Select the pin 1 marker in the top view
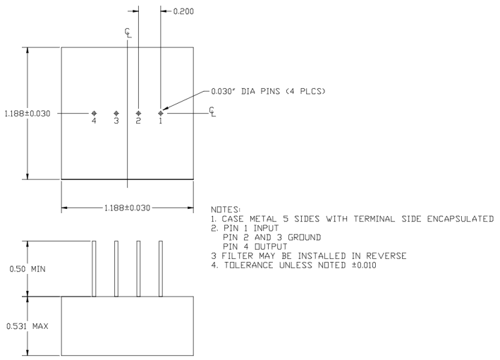click(161, 113)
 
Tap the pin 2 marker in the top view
click(138, 113)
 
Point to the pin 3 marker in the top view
click(116, 113)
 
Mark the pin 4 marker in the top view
click(94, 113)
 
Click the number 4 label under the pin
click(94, 121)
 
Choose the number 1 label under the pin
click(161, 121)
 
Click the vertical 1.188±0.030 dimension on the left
click(26, 113)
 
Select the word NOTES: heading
click(225, 210)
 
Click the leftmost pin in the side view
click(94, 268)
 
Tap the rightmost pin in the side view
click(161, 268)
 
